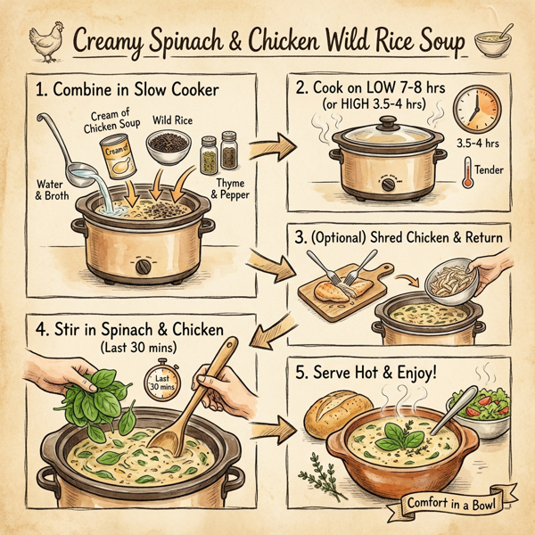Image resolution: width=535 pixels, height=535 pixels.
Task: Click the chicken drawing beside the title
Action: point(44,39)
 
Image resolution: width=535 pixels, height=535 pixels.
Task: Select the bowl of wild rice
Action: point(169,144)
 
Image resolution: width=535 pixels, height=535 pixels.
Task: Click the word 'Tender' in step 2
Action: point(493,169)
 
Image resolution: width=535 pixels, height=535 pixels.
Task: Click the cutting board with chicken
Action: point(344,285)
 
